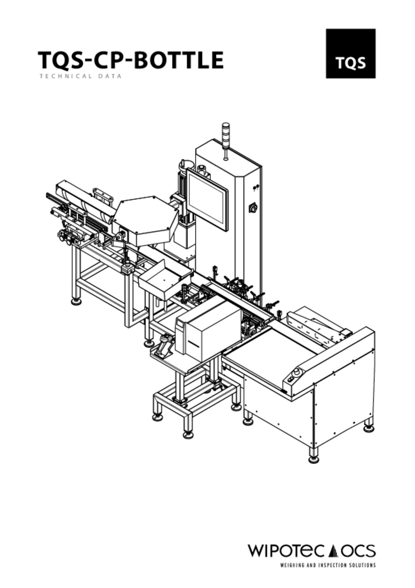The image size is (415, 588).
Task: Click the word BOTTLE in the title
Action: [x=179, y=60]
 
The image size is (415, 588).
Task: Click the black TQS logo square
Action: [x=350, y=54]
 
